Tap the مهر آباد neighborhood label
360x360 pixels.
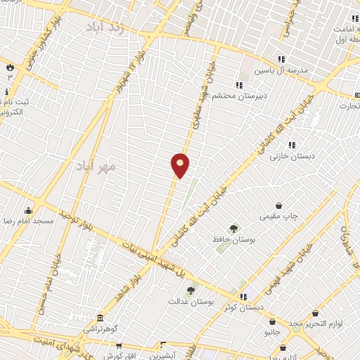pos(117,167)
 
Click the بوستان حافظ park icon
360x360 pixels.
pos(233,229)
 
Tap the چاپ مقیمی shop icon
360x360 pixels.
pos(280,206)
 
